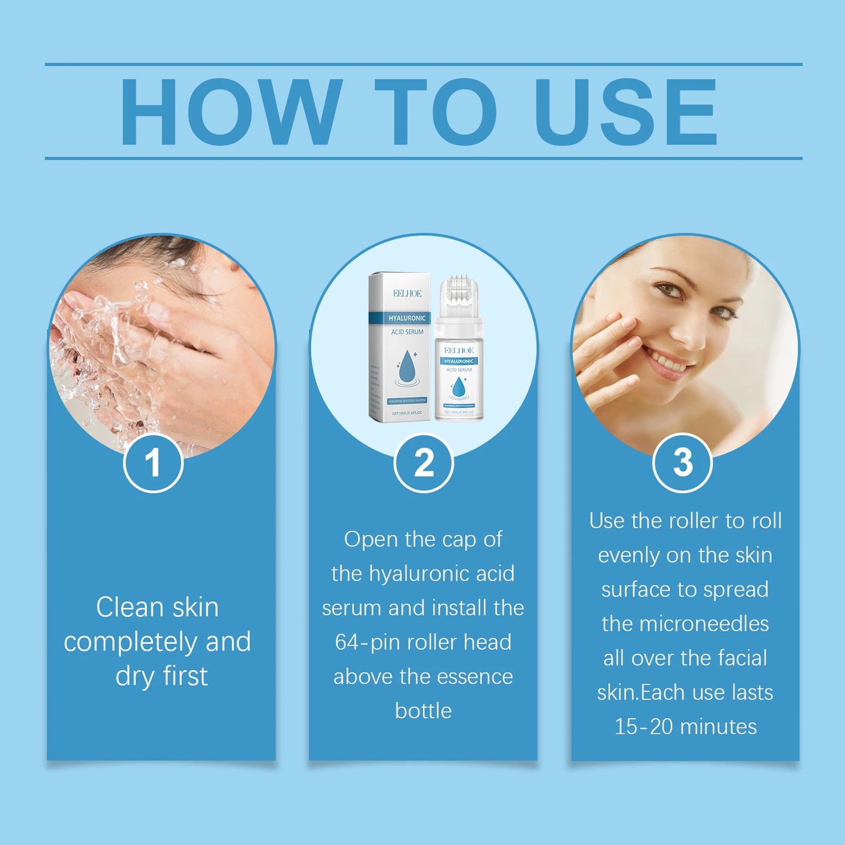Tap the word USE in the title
click(x=625, y=111)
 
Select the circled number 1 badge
click(x=153, y=463)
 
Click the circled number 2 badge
click(x=423, y=463)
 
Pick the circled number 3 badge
click(x=682, y=463)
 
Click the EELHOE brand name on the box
click(x=407, y=294)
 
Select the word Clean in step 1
click(x=129, y=607)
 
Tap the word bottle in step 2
click(x=423, y=711)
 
